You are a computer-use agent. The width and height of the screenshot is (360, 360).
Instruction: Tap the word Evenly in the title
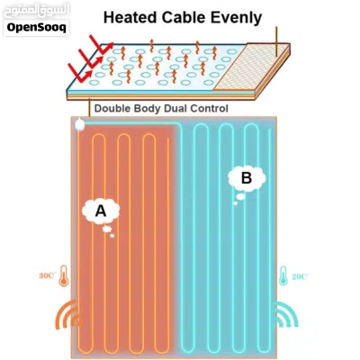tap(236, 19)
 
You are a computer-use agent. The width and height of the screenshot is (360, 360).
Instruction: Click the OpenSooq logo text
tap(37, 28)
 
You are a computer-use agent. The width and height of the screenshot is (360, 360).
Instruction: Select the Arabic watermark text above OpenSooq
tap(37, 11)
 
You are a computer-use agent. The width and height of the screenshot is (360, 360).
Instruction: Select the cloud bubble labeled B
tap(247, 178)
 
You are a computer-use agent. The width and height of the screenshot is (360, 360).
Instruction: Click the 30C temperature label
tap(47, 275)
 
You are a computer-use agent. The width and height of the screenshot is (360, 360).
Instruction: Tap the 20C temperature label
tap(300, 276)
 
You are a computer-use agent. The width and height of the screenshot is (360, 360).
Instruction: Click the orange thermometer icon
tap(64, 275)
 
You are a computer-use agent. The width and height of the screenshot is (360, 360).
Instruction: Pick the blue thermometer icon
tap(283, 275)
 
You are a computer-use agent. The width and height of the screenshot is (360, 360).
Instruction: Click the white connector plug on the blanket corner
tap(79, 125)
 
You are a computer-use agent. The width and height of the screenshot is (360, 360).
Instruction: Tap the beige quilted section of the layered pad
tap(251, 67)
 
